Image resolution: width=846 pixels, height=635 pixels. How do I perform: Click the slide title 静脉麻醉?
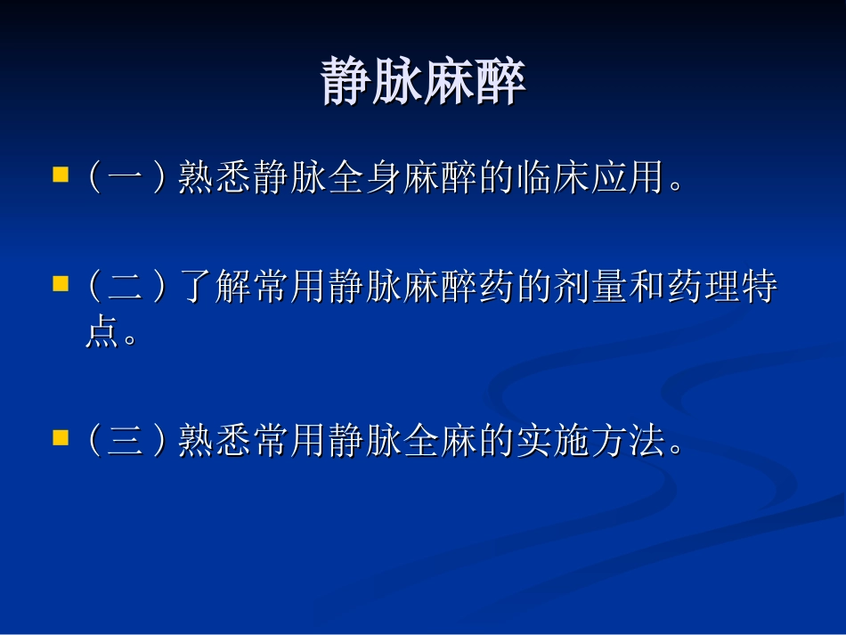tap(423, 83)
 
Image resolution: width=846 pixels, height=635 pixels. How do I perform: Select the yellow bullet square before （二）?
tap(61, 285)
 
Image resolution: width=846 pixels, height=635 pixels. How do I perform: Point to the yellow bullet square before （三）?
tap(61, 437)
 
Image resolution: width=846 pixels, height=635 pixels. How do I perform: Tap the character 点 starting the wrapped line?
tap(103, 334)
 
